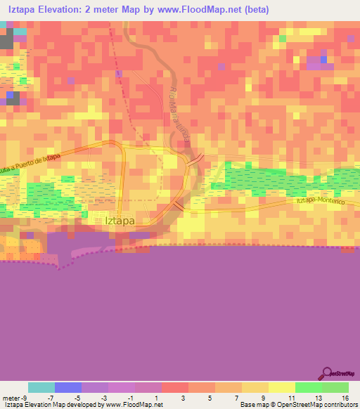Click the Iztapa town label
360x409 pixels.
pos(120,220)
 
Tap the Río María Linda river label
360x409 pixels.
pos(179,112)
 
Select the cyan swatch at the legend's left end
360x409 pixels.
pos(41,387)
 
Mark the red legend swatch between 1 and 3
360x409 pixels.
pos(174,387)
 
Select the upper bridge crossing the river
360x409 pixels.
pos(200,157)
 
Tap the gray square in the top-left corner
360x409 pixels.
pos(6,41)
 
